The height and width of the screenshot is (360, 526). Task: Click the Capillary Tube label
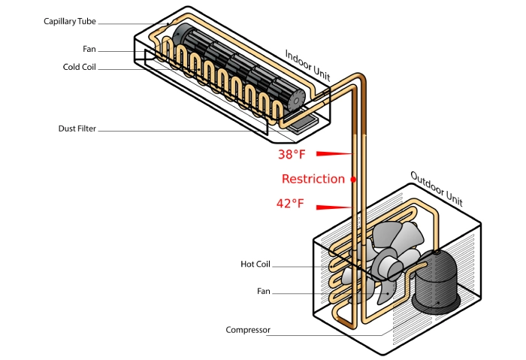70,21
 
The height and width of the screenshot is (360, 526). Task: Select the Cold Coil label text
81,67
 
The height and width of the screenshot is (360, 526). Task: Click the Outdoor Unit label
436,189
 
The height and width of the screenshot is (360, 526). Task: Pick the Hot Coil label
255,265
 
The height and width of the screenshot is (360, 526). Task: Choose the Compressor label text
248,330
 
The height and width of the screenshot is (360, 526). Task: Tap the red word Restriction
313,179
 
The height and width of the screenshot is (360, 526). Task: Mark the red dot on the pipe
352,180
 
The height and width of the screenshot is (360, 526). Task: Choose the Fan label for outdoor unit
262,291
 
